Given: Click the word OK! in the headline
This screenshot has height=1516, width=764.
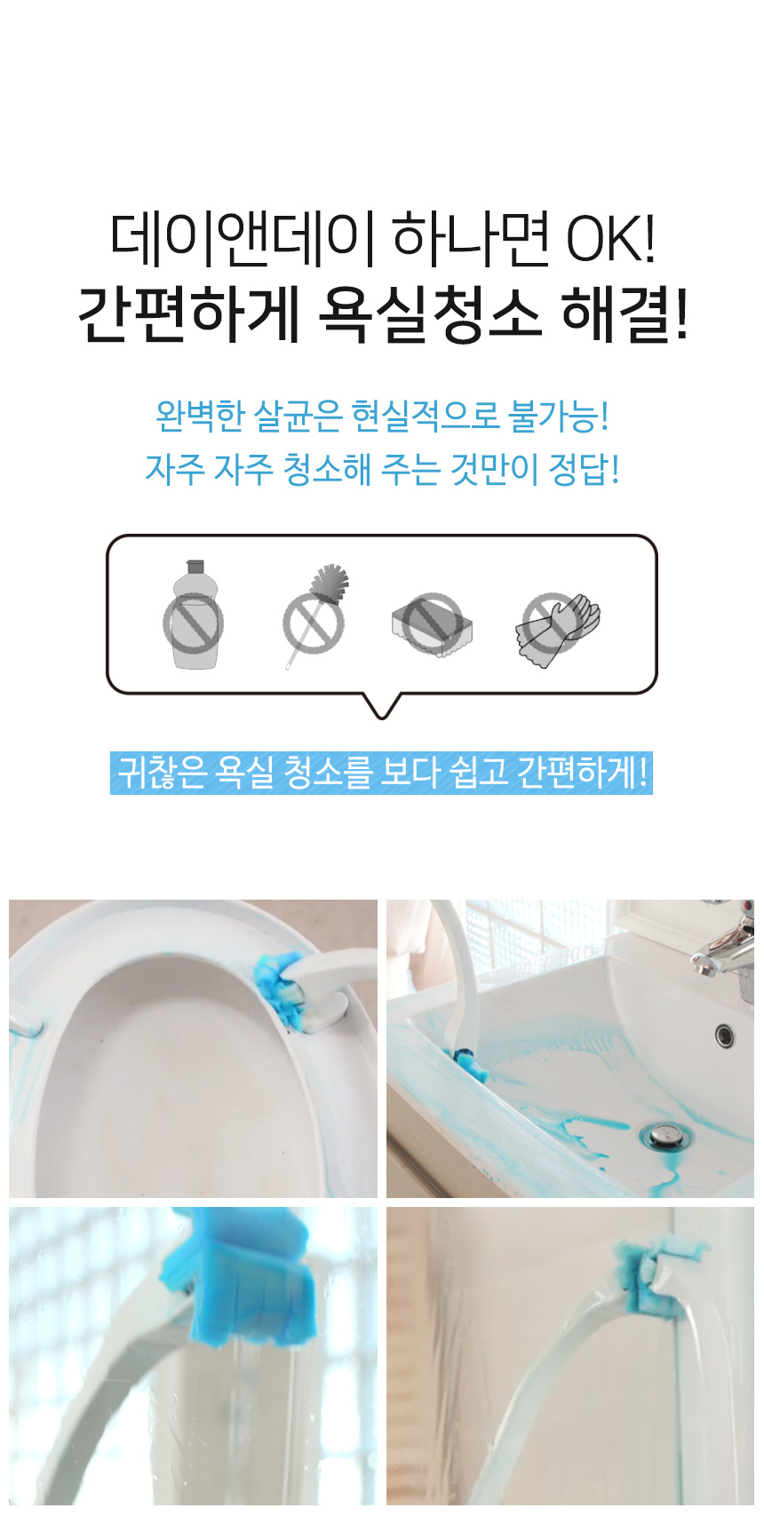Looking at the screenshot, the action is pos(611,238).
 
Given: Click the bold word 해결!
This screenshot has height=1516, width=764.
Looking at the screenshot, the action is pos(625,314).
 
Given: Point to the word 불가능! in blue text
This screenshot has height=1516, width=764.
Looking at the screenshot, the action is pos(560,417).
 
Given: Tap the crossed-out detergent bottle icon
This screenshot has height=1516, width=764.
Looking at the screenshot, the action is pos(194,615).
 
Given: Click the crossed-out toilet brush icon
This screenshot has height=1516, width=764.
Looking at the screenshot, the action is pos(315,615).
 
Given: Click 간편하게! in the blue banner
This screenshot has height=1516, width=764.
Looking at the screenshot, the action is pos(581,773).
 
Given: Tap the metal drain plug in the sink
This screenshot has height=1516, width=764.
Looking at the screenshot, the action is pos(665,1134).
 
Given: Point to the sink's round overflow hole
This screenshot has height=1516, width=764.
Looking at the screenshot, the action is pos(725,1035).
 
